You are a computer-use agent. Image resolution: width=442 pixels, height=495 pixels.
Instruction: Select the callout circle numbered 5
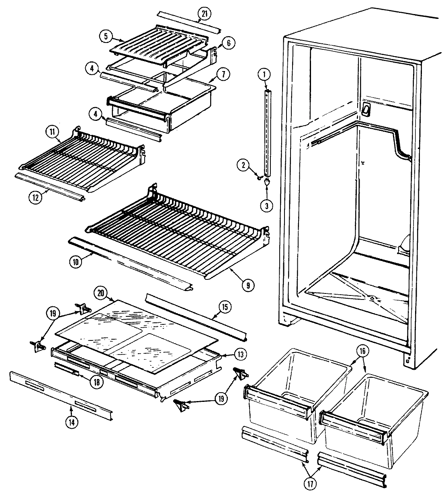pos(105,36)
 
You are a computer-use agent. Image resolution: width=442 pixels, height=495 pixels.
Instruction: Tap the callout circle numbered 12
pos(35,197)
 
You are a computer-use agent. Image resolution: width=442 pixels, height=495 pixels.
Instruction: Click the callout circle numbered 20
pos(100,293)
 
